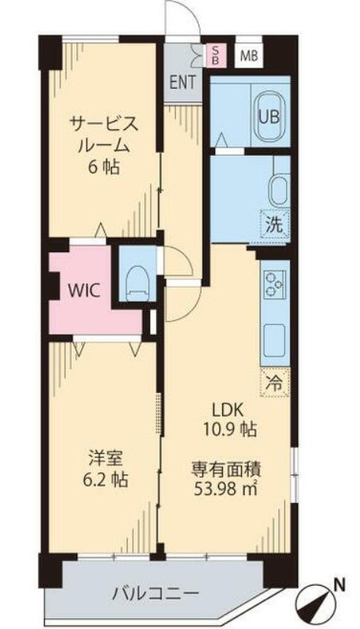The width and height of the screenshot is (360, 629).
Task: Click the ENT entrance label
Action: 183,82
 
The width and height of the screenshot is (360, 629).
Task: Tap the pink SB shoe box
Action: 216,55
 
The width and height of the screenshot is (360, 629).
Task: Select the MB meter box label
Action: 249,56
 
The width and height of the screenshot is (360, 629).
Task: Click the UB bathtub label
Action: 269,117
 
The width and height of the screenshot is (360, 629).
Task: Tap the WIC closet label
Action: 83,290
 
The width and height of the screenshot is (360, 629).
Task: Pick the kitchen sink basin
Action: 275,337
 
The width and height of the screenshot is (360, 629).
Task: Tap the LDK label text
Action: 228,410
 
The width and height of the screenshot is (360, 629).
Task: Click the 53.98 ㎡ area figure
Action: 225,488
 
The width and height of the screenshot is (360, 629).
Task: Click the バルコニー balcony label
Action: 155,593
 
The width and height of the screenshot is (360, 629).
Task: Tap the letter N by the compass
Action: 340,584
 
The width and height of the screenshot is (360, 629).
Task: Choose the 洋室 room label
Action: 106,457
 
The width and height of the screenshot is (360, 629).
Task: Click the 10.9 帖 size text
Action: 230,430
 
